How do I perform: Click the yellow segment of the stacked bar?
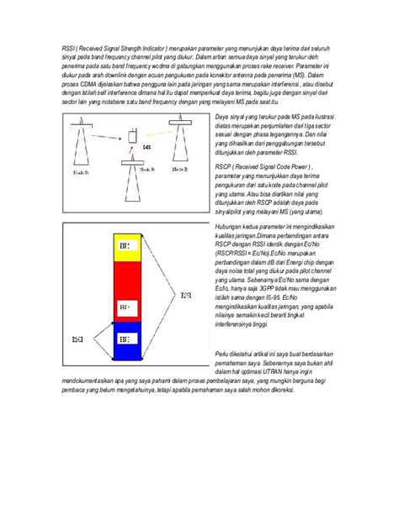point(124,247)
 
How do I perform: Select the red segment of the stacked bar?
point(124,290)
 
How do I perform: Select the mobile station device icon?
point(132,136)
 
